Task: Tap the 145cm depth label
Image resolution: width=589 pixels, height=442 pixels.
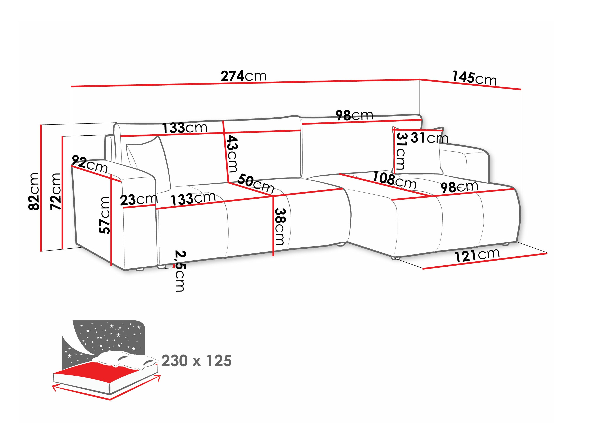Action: coord(474,78)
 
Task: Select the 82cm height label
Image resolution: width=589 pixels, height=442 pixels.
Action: coord(34,191)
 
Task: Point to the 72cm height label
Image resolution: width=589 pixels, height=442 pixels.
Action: coord(56,191)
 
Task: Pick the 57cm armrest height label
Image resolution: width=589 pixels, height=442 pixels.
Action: coord(105,215)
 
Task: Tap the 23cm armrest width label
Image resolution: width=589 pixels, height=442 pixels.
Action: coord(139,200)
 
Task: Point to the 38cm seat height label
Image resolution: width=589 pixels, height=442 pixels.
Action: coord(280,226)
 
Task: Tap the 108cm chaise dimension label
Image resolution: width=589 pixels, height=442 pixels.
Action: coord(394,180)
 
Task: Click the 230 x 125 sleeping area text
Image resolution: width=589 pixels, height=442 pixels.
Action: coord(196,361)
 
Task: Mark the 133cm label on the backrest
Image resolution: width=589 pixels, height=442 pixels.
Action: coord(185,128)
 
